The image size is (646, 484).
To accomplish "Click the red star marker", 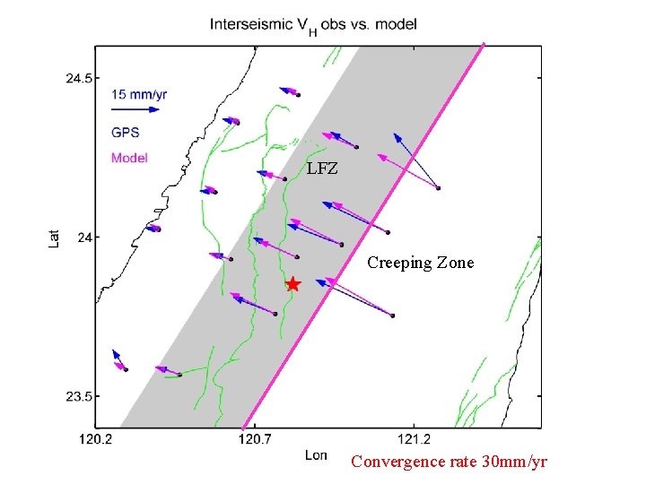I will [292, 284].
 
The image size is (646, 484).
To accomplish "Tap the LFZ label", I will [322, 169].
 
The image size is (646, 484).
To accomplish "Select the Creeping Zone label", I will [420, 263].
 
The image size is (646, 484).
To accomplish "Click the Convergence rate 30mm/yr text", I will [448, 462].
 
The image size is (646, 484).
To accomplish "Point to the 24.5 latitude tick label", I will [78, 78].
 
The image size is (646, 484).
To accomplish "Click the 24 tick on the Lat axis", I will [83, 237].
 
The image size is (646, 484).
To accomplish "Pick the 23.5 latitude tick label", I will [78, 396].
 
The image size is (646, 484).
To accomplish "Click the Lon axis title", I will [316, 455].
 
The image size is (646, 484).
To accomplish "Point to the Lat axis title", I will [55, 237].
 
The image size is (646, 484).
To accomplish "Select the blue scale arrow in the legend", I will [135, 109].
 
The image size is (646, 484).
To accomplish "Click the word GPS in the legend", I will [126, 132].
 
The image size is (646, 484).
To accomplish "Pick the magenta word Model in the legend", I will [129, 158].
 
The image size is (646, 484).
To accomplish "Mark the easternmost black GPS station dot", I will [438, 187].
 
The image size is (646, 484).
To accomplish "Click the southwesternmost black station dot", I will [126, 369].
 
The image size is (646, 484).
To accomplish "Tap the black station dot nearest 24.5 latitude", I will [299, 94].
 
